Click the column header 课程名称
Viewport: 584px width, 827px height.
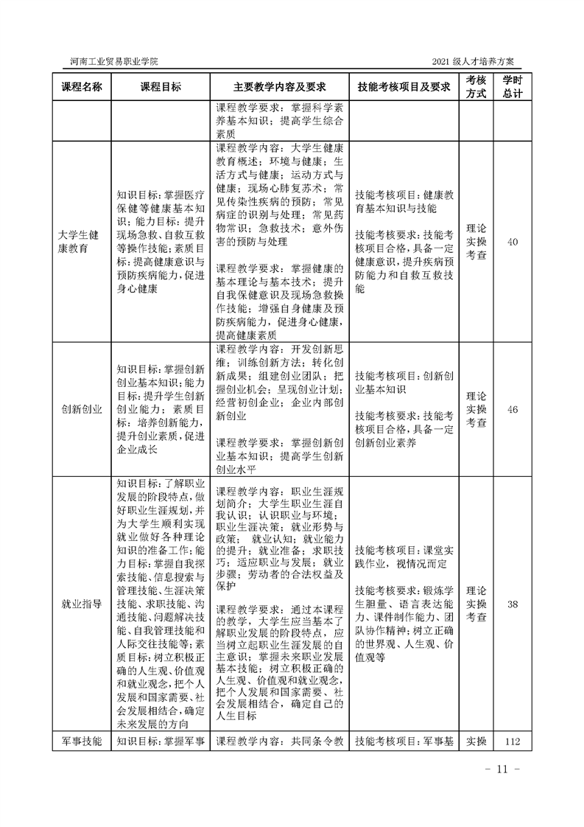81,86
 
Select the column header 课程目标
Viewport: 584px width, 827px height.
159,86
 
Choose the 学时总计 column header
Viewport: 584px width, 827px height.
513,86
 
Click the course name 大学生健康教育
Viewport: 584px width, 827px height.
81,241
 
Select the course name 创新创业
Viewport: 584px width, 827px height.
81,409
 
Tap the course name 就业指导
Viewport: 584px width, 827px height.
81,604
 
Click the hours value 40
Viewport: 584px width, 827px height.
513,241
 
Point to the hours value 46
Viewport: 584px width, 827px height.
513,409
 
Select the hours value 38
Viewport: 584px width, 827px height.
513,604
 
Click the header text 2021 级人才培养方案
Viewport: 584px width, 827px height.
480,60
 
